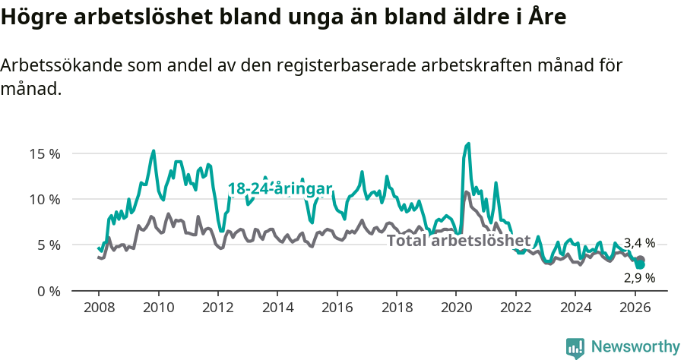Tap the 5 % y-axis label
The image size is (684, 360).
click(x=47, y=245)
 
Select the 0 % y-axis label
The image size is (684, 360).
click(x=47, y=291)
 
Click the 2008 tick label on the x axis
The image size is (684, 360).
click(x=99, y=308)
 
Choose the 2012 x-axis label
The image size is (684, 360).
click(x=217, y=308)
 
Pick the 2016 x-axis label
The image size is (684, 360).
click(x=337, y=308)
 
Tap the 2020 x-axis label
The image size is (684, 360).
click(x=456, y=308)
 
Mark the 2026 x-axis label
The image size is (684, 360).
click(x=635, y=308)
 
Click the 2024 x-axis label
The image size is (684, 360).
click(x=575, y=308)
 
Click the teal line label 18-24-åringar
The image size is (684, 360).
click(x=280, y=188)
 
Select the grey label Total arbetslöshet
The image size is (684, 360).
click(x=458, y=241)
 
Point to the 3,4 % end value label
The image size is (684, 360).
click(x=639, y=243)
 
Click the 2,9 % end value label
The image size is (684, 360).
click(x=639, y=278)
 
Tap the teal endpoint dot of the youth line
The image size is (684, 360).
click(x=641, y=264)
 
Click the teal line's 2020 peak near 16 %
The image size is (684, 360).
click(x=468, y=144)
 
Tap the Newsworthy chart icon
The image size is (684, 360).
click(x=575, y=348)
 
